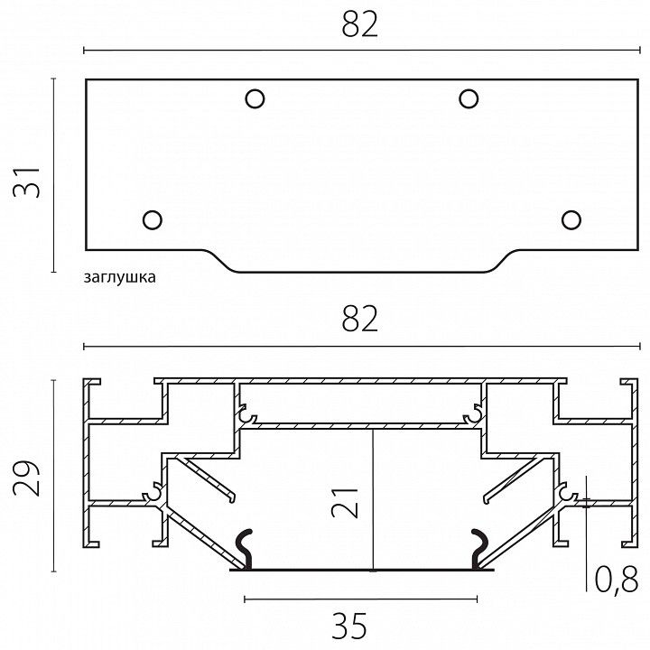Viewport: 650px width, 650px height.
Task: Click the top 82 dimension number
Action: click(x=360, y=25)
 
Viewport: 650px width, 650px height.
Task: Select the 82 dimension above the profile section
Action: click(x=360, y=320)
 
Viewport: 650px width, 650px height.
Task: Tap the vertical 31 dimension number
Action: click(x=26, y=182)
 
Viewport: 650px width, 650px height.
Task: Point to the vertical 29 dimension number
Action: click(x=26, y=478)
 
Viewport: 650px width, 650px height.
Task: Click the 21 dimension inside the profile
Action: click(x=345, y=503)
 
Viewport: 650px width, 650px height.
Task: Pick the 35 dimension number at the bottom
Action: click(x=349, y=626)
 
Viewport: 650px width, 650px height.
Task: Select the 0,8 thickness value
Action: click(x=617, y=580)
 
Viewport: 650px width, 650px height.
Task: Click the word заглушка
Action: click(x=120, y=277)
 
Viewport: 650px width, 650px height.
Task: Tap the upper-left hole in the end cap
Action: click(x=255, y=99)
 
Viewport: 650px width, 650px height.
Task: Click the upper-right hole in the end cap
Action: click(x=469, y=99)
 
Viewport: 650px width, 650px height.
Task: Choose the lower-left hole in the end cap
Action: click(x=153, y=219)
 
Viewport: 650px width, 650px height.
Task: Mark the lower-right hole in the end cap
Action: click(x=571, y=219)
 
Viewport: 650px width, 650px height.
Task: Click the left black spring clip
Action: click(x=244, y=548)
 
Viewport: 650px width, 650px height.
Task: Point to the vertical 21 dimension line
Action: click(x=373, y=500)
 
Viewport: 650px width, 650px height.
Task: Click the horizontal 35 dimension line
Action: click(x=360, y=599)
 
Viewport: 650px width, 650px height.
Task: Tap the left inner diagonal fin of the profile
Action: click(x=209, y=478)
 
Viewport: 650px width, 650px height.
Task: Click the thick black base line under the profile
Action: click(x=361, y=570)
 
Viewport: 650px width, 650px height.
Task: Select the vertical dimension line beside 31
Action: click(x=53, y=175)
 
